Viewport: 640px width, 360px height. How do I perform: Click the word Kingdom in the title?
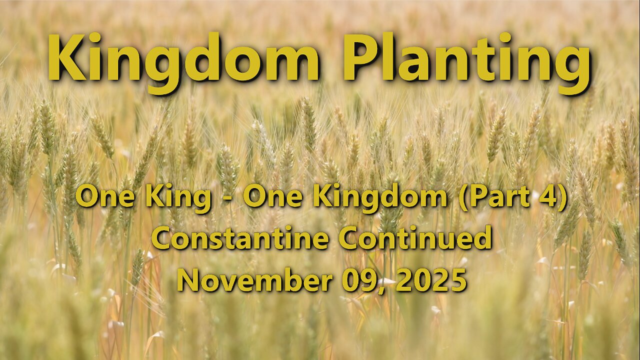182,58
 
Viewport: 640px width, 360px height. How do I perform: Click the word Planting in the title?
467,58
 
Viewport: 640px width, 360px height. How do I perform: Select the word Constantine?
240,238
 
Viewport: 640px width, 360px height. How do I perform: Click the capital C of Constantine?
161,238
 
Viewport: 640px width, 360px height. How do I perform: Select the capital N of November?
189,280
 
